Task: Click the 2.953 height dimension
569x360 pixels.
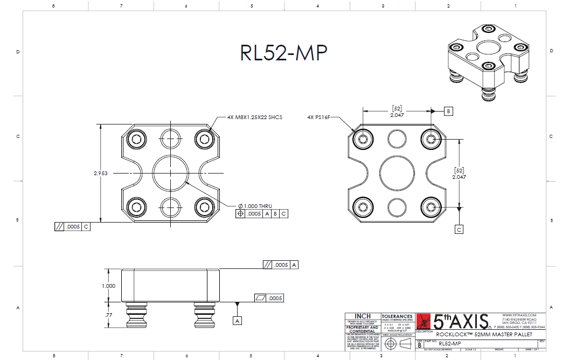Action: [101, 174]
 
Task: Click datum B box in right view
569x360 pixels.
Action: [448, 111]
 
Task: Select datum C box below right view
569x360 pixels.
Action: [459, 229]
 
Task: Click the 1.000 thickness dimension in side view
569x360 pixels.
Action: [108, 286]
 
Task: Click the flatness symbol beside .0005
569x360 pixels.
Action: [261, 298]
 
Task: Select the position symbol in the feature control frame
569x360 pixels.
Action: [240, 214]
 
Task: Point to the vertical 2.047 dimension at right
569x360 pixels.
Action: [459, 177]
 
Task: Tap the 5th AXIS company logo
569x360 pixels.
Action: [453, 321]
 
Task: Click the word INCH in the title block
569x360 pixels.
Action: [362, 316]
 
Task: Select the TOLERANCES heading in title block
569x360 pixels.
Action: [397, 316]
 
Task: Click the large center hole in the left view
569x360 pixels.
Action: [170, 173]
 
